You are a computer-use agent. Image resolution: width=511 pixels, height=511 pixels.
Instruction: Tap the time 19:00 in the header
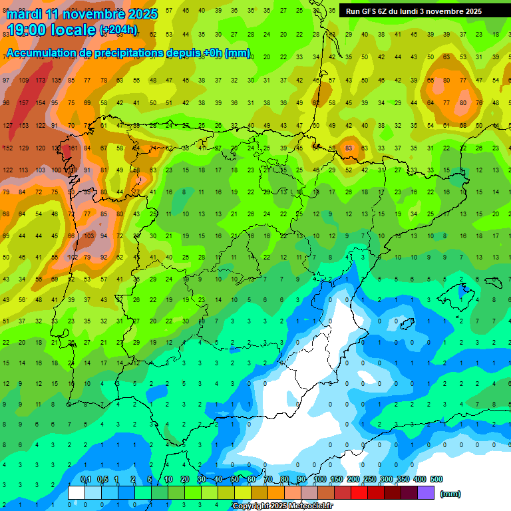click(30, 30)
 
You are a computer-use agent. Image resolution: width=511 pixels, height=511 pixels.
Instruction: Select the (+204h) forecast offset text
click(118, 30)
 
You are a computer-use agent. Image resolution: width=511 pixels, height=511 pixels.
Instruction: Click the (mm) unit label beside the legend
click(450, 494)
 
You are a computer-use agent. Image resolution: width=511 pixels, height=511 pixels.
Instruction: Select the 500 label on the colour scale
click(436, 480)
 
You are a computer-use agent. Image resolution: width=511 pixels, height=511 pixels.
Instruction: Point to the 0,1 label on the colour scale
click(86, 480)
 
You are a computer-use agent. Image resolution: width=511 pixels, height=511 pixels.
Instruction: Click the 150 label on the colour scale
click(337, 480)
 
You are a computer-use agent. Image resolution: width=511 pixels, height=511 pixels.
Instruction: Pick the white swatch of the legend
click(77, 493)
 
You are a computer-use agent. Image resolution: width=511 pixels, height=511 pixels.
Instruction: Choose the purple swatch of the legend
click(426, 493)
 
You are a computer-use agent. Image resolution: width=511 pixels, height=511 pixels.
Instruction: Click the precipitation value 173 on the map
click(40, 81)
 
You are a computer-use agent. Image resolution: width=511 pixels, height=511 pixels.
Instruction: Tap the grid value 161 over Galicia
click(73, 148)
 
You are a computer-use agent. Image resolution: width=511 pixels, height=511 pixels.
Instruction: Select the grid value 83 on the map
click(349, 148)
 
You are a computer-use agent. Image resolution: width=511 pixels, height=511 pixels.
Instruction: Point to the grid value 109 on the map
click(24, 81)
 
